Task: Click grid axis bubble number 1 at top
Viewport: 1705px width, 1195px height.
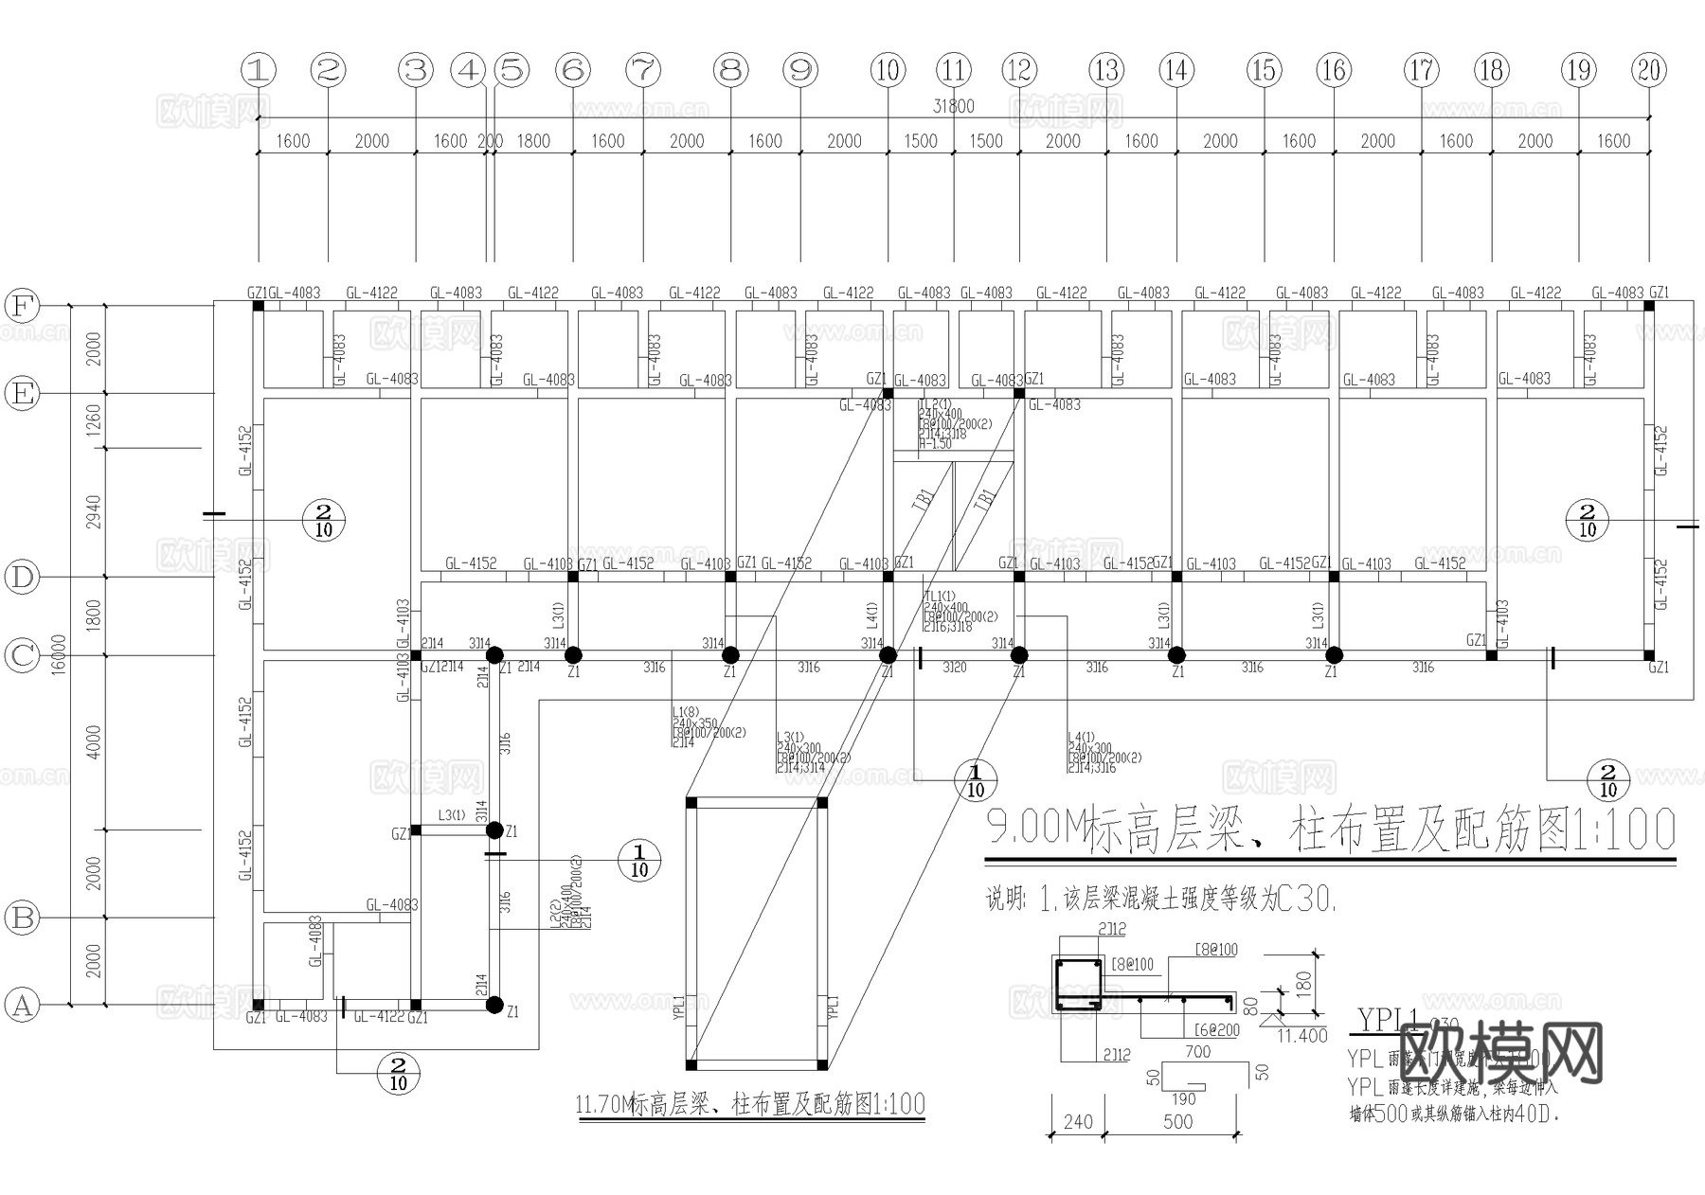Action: coord(259,70)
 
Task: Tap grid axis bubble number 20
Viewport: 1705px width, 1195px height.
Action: coord(1649,70)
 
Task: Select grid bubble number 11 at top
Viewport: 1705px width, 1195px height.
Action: coord(954,70)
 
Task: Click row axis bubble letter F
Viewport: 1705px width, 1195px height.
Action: coord(22,306)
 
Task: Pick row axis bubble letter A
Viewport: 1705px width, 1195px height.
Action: coord(22,1005)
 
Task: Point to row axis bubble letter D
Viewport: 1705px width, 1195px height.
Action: coord(22,577)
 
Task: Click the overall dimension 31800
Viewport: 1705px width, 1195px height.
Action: coord(953,106)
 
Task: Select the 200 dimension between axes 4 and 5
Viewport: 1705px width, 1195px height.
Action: coord(490,141)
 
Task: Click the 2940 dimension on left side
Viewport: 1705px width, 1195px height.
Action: coord(93,512)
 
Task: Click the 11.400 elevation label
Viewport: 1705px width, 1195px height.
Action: coord(1302,1036)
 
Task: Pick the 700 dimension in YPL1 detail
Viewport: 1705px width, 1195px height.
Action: coord(1197,1051)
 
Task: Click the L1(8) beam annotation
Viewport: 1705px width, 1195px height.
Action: coord(684,712)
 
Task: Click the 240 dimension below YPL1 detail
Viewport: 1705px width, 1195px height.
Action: coord(1078,1121)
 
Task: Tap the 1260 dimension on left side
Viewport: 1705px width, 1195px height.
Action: coord(93,420)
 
